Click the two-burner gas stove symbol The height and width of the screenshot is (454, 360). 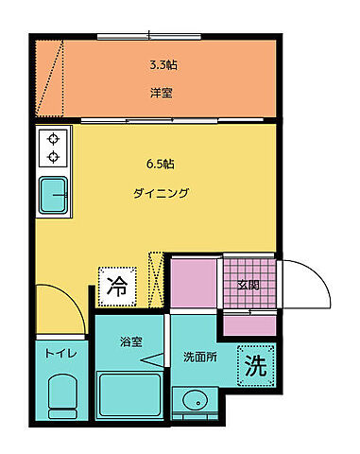54,148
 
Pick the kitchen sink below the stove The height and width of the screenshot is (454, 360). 55,195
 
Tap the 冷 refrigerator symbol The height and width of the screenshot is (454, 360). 118,283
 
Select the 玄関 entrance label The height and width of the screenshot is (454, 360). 249,284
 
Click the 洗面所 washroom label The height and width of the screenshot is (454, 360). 200,358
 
